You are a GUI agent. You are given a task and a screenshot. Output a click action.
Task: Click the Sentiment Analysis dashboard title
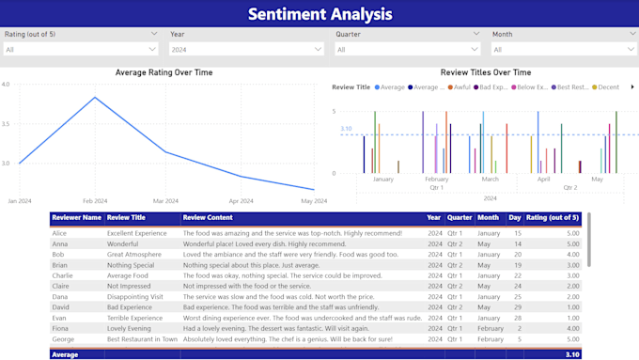coord(319,13)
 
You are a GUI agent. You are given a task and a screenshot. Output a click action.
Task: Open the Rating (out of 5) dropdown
coord(81,50)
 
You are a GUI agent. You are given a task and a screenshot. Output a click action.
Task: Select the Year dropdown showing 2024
coord(246,50)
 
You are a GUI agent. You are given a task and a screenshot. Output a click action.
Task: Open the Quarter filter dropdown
coord(408,50)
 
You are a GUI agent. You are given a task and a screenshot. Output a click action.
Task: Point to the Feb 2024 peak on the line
coord(94,98)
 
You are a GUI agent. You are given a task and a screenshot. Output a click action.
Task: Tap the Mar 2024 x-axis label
coord(165,201)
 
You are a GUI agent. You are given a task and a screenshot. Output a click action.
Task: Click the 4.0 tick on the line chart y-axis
coord(6,85)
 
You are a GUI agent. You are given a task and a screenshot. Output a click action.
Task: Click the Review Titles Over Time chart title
coord(485,72)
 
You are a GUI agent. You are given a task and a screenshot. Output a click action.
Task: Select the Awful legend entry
coord(461,87)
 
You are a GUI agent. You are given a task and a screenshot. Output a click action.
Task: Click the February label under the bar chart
coord(436,180)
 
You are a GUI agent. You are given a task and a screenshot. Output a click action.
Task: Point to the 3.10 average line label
coord(346,129)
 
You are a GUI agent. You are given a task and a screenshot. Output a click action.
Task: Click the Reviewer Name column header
coord(77,218)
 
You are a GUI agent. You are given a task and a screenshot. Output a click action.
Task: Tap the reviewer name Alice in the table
coord(60,233)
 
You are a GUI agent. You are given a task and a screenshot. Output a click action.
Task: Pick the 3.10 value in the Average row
coord(571,354)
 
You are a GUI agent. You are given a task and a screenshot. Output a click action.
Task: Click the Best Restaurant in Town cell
coord(142,338)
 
